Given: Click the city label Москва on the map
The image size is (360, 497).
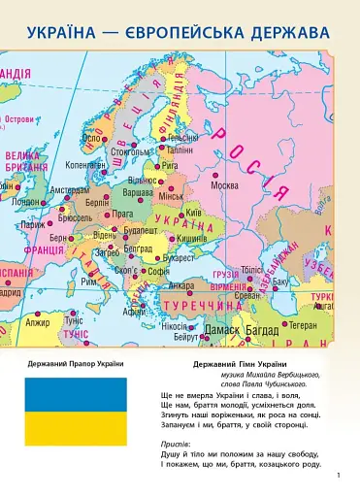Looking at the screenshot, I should click(x=224, y=185).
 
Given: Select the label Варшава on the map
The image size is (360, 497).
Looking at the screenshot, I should click(x=139, y=194).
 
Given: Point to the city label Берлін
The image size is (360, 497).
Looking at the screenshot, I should click(x=97, y=203).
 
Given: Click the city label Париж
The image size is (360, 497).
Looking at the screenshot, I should click(x=33, y=224).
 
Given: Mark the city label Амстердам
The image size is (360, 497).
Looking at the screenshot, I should click(x=69, y=190).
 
